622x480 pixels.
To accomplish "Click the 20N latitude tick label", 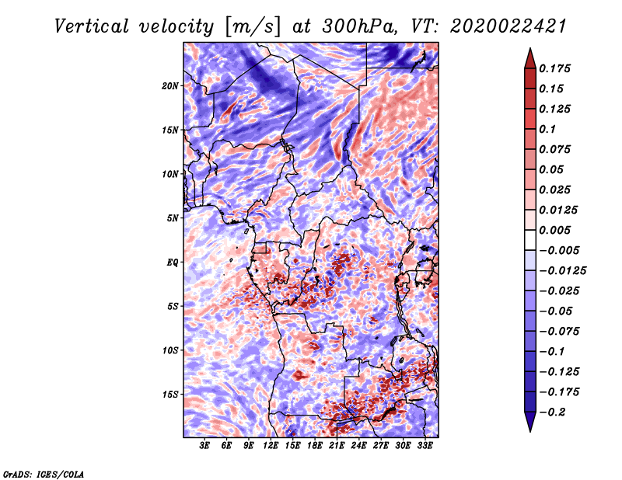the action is [170, 85].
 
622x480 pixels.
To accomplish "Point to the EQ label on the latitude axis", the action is [173, 262].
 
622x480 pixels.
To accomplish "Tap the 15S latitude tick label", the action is [170, 395].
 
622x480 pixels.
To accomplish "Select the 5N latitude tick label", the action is [173, 218].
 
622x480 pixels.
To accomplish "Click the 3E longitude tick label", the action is [204, 446].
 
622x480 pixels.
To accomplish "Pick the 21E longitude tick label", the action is [337, 446].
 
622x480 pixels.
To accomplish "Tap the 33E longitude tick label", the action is [425, 446].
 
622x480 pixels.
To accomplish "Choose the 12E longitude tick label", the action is [270, 446].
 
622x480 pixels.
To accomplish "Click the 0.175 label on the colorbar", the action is [554, 68].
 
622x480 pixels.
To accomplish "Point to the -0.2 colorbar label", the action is [552, 412].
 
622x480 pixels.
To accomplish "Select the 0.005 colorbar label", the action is [554, 230].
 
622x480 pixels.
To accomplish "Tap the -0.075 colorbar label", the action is [559, 331].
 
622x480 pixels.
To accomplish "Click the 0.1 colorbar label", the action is [547, 129].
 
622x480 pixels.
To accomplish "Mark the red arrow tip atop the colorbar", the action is [530, 48].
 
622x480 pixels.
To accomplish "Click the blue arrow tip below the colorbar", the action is [530, 431].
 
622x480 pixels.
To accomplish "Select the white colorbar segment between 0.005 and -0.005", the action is [530, 240].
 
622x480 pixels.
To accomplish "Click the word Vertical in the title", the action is [92, 26].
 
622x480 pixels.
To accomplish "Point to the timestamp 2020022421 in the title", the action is [508, 26].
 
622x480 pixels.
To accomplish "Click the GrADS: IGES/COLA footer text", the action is [44, 475].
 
